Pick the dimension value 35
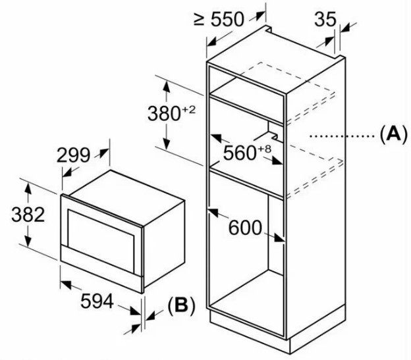click(324, 19)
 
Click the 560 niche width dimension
click(239, 153)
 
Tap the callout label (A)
click(390, 135)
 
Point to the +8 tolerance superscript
click(264, 147)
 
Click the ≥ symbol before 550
click(200, 18)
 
